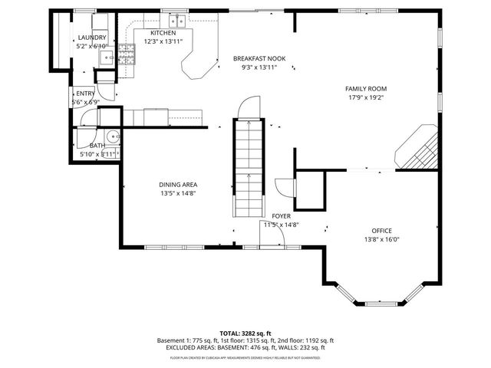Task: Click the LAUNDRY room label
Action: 91,38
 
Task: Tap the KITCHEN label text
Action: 163,33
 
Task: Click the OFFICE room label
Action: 381,231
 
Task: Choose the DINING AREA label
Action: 178,185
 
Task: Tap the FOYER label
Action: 281,216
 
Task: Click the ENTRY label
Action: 85,94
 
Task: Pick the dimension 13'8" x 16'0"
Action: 381,239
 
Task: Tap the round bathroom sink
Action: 113,138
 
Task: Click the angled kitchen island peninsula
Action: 199,62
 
